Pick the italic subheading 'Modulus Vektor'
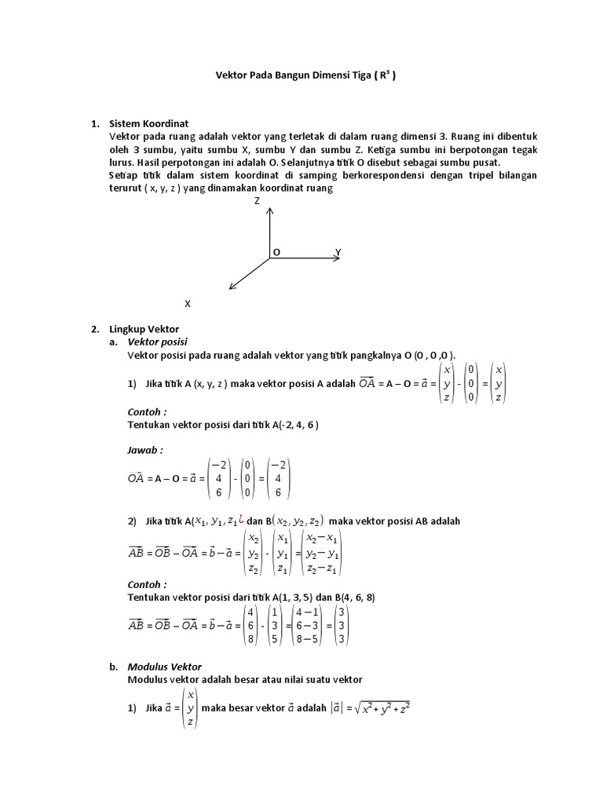click(x=164, y=666)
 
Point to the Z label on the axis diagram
click(x=257, y=201)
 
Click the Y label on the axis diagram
click(x=338, y=252)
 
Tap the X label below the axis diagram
click(x=187, y=303)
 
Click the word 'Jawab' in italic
click(x=144, y=451)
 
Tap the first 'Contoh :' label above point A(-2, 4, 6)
click(x=147, y=411)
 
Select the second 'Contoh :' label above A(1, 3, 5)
click(x=147, y=584)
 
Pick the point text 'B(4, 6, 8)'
click(x=355, y=598)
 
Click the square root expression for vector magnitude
click(x=382, y=709)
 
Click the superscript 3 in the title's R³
click(x=390, y=73)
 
